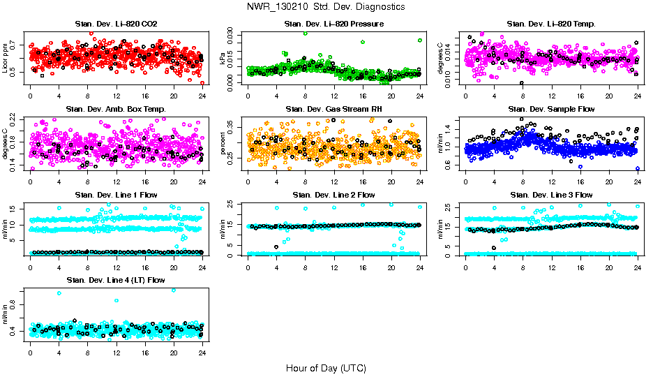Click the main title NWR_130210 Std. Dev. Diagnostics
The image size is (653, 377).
coord(326,7)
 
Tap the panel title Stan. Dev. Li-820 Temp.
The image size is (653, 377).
coord(551,24)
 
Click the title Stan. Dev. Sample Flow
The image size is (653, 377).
coord(551,109)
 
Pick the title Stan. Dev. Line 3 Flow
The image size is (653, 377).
coord(551,195)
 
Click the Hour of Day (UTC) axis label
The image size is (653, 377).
coord(326,367)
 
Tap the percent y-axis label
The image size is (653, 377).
coord(223,143)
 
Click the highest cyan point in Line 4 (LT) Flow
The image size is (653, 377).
coord(173,290)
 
